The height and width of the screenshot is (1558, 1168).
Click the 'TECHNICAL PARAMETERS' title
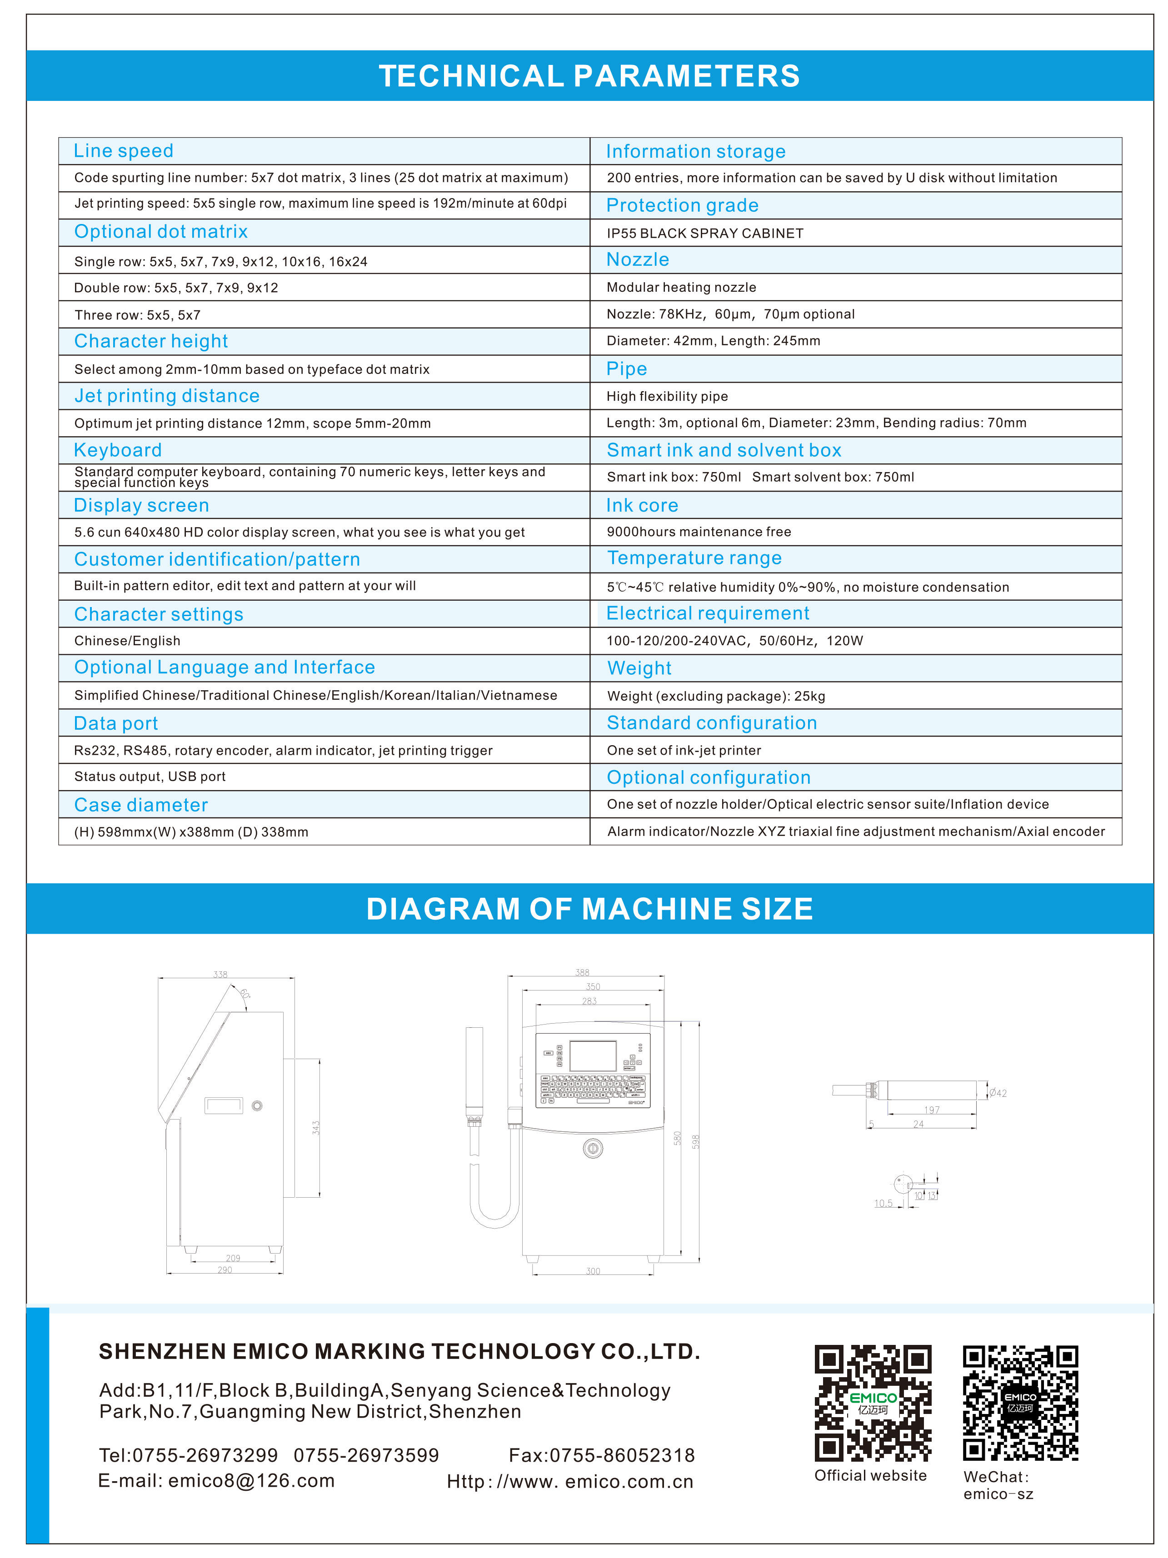coord(589,76)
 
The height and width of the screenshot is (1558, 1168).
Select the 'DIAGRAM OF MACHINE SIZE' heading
coord(589,909)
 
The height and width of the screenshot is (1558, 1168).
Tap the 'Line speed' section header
coord(123,151)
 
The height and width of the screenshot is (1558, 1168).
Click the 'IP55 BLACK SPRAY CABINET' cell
coord(704,233)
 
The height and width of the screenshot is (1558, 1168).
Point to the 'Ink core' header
coord(642,505)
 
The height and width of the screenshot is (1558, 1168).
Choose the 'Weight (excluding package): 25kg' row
coord(716,696)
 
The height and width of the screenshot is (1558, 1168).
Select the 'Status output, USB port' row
coord(150,776)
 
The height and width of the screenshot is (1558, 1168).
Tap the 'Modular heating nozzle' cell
coord(681,287)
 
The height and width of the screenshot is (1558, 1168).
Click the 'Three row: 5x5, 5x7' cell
coord(137,315)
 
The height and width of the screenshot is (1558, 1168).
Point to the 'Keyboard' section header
coord(118,450)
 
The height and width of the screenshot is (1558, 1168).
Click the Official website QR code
coord(873,1402)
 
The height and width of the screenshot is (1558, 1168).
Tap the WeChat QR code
coord(1020,1402)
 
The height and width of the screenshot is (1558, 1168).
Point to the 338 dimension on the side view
coord(220,975)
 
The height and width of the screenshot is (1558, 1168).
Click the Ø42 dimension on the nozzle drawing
coord(998,1093)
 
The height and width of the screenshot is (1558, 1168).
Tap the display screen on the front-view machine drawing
coord(593,1056)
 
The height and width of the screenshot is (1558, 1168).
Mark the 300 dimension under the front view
coord(593,1271)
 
